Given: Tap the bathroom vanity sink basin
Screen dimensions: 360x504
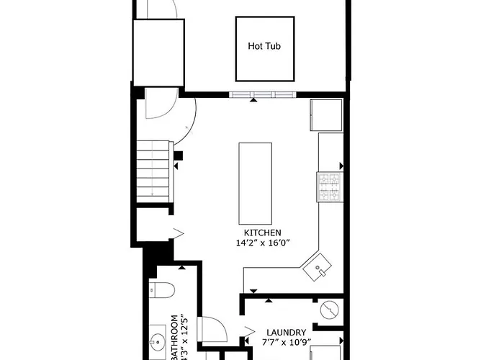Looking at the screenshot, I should coord(159,340).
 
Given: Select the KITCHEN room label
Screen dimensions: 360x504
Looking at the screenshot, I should coord(262,233).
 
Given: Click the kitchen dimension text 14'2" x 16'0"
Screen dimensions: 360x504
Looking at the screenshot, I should coord(262,243).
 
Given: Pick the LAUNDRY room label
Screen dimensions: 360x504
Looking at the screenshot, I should coord(287,331).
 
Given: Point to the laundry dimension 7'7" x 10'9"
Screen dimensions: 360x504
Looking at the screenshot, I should coord(287,342).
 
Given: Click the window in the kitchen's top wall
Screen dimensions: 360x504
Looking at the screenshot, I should coord(262,94).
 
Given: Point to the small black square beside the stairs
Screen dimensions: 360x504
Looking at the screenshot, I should coord(179,155).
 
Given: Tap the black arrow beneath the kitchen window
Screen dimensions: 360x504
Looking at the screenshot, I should coord(253,101).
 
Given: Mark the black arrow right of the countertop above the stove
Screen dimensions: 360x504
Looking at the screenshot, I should coord(341,166).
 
